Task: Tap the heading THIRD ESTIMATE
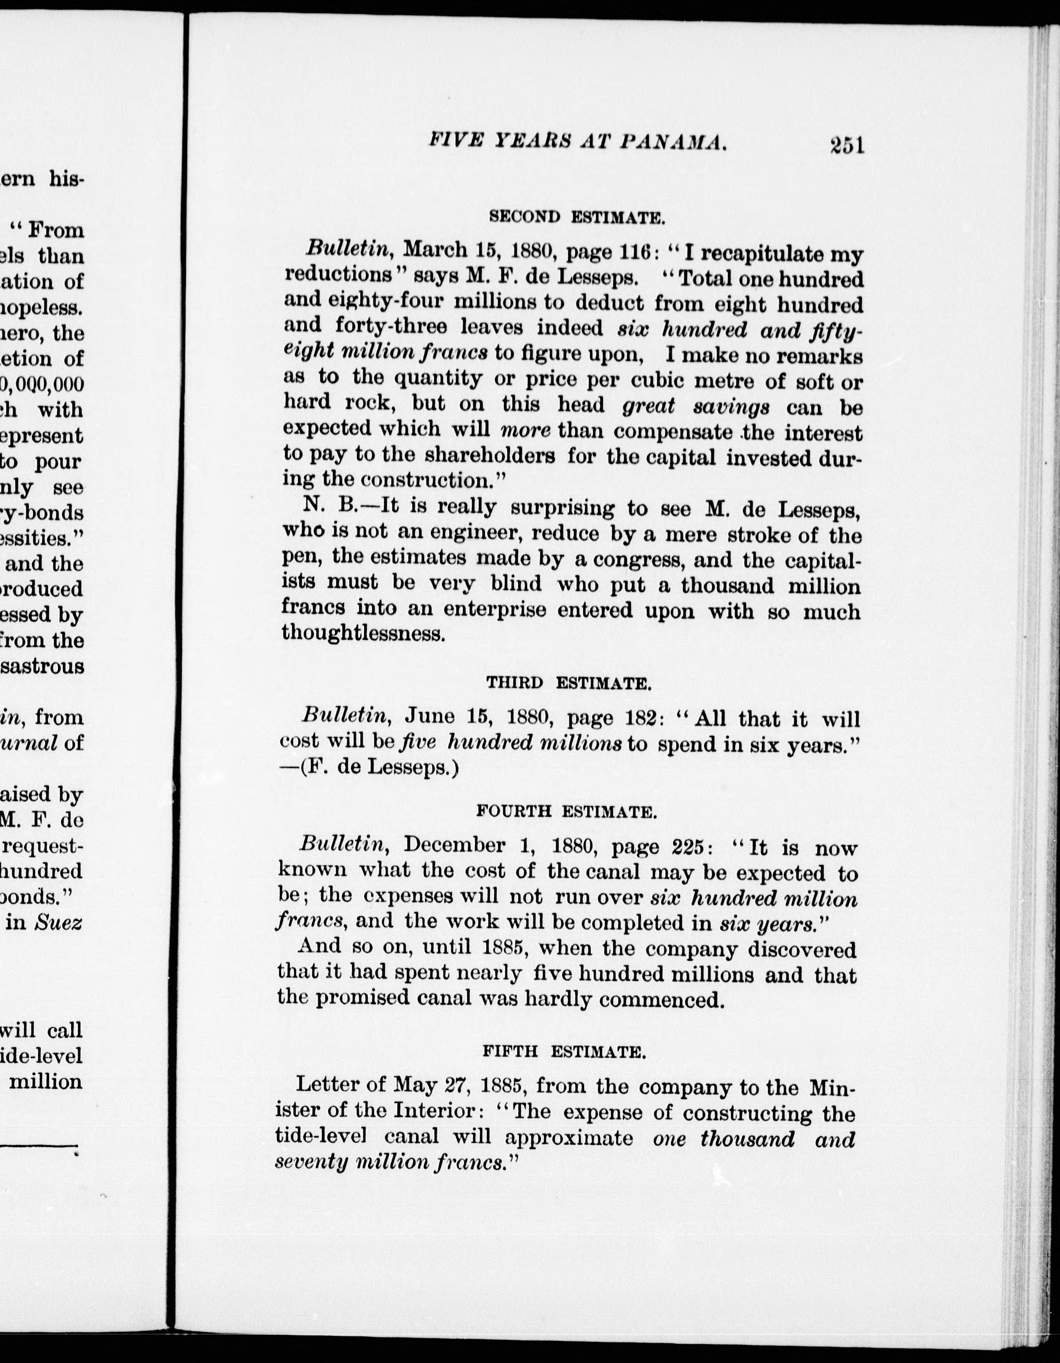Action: [x=569, y=683]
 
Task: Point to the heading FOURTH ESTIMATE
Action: [x=566, y=812]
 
